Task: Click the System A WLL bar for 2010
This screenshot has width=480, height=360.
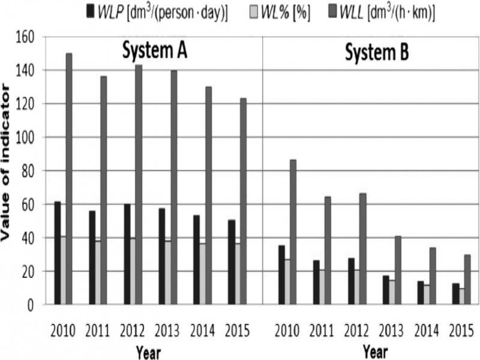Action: (69, 179)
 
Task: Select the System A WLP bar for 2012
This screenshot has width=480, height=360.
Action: (127, 254)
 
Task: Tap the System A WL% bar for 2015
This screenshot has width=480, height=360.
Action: (237, 274)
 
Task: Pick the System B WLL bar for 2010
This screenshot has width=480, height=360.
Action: (293, 232)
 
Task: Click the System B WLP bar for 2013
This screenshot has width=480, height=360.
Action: (386, 290)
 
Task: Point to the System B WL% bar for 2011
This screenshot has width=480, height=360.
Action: (322, 287)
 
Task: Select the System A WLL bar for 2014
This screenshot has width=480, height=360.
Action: (208, 196)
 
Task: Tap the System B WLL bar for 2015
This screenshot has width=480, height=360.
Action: (467, 280)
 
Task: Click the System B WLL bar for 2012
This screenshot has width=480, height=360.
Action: (363, 249)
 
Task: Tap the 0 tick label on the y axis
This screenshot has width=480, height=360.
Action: (31, 305)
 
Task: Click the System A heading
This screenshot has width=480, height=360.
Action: (155, 50)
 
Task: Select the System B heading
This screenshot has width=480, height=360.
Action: (377, 52)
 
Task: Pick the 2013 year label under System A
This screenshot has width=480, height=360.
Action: (167, 331)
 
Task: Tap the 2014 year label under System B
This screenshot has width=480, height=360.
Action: (427, 331)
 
